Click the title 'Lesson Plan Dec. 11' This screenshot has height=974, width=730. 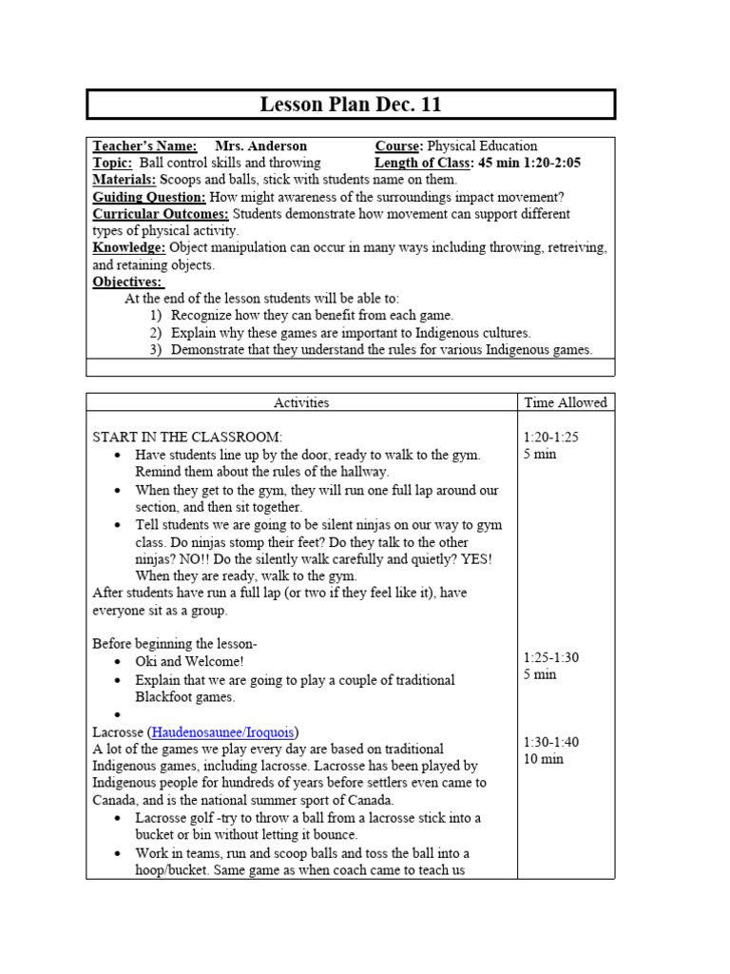pos(351,105)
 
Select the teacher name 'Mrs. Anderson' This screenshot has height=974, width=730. pos(260,146)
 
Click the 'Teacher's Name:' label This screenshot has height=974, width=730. pos(144,146)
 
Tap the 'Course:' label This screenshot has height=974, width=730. pos(399,146)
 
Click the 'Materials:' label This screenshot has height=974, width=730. pos(125,180)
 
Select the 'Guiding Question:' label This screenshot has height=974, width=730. pos(149,197)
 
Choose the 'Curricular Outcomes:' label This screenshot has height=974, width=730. pos(161,214)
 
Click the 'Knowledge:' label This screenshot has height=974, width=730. pos(129,248)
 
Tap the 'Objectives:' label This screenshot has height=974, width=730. pos(128,282)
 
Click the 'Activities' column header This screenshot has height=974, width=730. pos(301,402)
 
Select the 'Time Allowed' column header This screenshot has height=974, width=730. pos(565,402)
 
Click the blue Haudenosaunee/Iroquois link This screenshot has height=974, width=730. pos(224,731)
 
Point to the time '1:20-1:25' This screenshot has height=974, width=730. pos(551,437)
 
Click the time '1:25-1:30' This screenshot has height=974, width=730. pos(551,657)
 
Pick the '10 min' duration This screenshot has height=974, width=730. pos(543,759)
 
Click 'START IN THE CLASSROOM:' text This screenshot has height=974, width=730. pos(187,437)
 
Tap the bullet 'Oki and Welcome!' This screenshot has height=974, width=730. pos(190,661)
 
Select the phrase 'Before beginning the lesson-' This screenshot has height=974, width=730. pos(175,644)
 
